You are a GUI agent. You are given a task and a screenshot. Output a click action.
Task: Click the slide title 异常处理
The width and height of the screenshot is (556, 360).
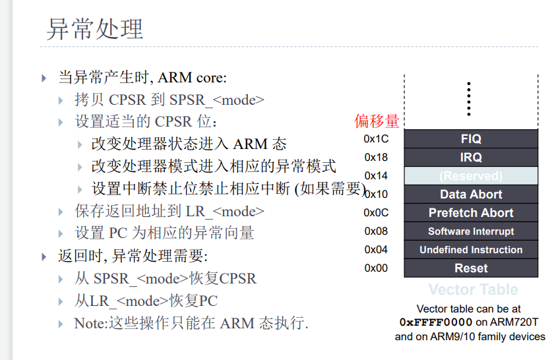pyautogui.click(x=95, y=29)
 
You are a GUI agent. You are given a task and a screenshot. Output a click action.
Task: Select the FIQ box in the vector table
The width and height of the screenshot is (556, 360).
pyautogui.click(x=470, y=138)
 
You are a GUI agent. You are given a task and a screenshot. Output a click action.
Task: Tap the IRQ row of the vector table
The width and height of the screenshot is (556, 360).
pyautogui.click(x=470, y=157)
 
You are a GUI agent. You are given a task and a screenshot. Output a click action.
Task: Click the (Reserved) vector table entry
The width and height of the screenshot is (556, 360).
pyautogui.click(x=470, y=176)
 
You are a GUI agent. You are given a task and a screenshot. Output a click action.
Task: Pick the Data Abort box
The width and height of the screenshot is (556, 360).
pyautogui.click(x=470, y=195)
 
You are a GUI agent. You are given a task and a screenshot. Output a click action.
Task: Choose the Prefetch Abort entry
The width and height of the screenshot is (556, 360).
pyautogui.click(x=470, y=213)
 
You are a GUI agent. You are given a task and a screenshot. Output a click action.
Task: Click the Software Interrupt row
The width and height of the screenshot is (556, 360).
pyautogui.click(x=470, y=231)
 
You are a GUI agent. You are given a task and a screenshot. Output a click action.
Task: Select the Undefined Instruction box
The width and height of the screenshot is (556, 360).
pyautogui.click(x=470, y=250)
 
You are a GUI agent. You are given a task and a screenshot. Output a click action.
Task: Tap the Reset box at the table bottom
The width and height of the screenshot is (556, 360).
pyautogui.click(x=470, y=268)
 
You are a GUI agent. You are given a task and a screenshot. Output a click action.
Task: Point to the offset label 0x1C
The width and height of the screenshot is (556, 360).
pyautogui.click(x=376, y=138)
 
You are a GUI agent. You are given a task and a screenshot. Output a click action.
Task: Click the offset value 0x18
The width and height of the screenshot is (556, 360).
pyautogui.click(x=376, y=157)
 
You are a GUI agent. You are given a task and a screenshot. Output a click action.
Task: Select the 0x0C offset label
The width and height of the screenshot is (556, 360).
pyautogui.click(x=376, y=212)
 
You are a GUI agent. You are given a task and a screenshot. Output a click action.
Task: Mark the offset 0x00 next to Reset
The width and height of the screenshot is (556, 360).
pyautogui.click(x=376, y=268)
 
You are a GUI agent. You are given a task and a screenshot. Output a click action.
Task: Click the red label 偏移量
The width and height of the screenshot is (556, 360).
pyautogui.click(x=377, y=121)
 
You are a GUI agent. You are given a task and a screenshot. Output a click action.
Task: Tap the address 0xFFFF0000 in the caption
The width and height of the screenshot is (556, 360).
pyautogui.click(x=436, y=322)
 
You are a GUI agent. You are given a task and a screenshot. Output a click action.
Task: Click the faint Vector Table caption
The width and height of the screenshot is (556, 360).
pyautogui.click(x=473, y=289)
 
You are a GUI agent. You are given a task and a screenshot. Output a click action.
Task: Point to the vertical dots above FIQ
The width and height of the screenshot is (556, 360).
pyautogui.click(x=468, y=98)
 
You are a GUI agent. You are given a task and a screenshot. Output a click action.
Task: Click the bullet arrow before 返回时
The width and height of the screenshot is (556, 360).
pyautogui.click(x=44, y=256)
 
